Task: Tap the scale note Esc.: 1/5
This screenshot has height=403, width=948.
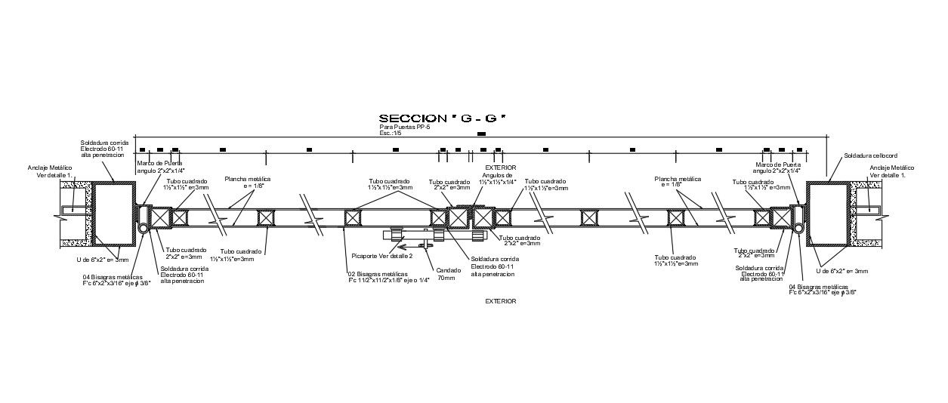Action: coord(391,134)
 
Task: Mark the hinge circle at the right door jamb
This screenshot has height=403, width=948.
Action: coord(798,228)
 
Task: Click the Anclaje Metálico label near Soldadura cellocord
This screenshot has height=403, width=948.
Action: coord(891,171)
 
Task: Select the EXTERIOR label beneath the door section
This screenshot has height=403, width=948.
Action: coord(501,301)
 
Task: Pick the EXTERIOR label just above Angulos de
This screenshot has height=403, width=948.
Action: coord(501,168)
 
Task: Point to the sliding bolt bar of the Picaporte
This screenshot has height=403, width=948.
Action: coord(412,235)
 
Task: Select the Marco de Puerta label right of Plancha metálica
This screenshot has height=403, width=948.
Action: coord(778,168)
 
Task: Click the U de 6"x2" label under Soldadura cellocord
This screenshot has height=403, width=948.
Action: coord(842,271)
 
